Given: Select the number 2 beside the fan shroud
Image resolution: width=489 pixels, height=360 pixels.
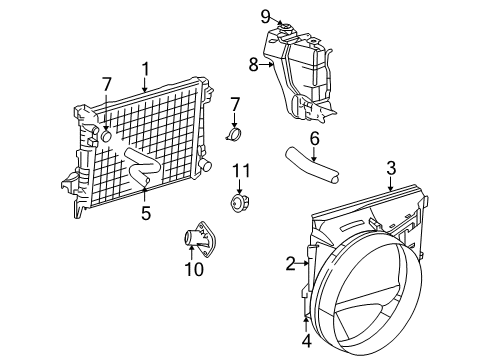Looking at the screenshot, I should click(x=290, y=264).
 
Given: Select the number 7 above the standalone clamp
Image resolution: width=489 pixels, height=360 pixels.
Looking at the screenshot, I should click(x=236, y=103).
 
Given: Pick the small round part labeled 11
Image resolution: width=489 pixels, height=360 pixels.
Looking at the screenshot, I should click(x=240, y=205).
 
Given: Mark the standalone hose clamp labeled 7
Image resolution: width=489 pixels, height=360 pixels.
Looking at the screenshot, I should click(x=236, y=134).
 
